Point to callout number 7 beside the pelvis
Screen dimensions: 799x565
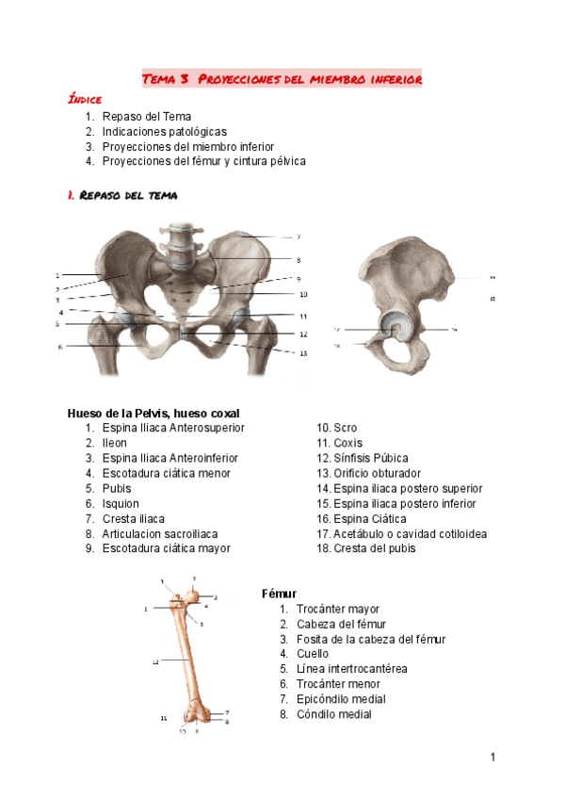299,236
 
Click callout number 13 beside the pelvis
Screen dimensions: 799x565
303,353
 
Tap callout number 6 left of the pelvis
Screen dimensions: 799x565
60,347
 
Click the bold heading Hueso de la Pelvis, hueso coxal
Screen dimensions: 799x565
153,413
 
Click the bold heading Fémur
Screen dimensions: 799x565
279,594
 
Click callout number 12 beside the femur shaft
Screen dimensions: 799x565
155,662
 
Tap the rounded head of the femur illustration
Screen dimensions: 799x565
195,595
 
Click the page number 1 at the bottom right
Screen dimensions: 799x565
492,758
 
